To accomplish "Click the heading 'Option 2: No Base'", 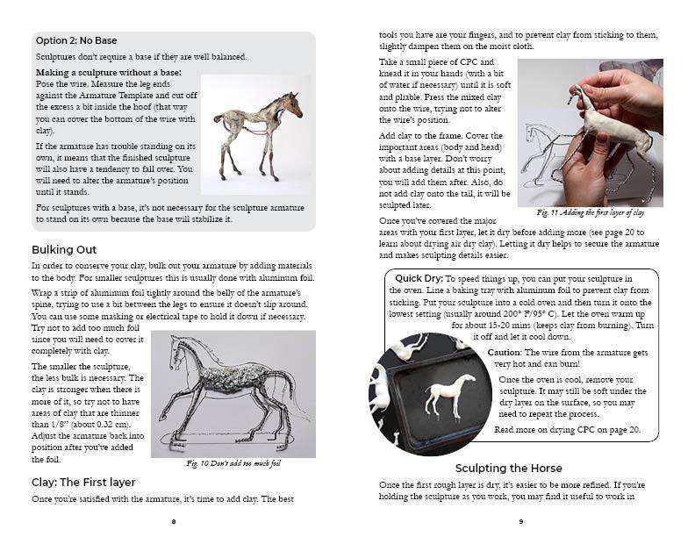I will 75,40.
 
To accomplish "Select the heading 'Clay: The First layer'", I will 82,481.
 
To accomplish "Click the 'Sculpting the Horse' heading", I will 508,468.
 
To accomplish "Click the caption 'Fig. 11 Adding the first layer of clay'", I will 590,213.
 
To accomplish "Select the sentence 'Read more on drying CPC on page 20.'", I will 567,430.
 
